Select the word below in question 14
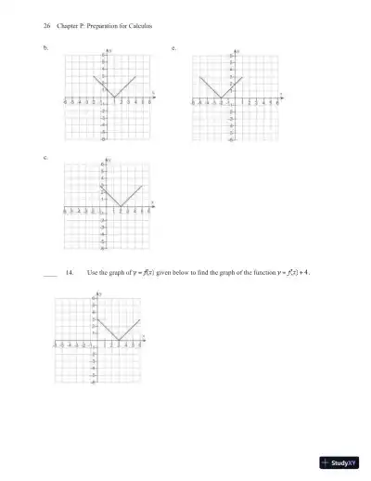click(178, 274)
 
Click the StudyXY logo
click(339, 463)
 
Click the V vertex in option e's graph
click(221, 97)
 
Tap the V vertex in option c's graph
click(122, 207)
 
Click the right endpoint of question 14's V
click(139, 319)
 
